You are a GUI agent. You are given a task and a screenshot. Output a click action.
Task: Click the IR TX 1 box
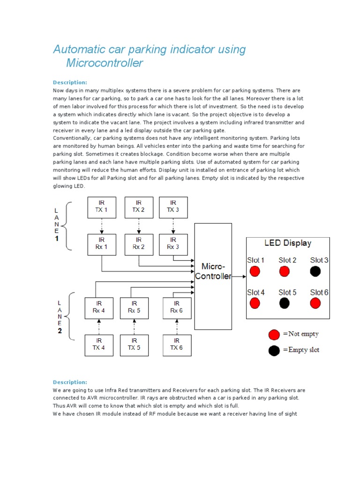(102, 207)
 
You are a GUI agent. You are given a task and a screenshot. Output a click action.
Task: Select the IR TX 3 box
(173, 207)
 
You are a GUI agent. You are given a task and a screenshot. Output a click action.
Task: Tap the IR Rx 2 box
(138, 244)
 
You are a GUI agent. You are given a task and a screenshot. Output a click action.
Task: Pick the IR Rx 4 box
(98, 307)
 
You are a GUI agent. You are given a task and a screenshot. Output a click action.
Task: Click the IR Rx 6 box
(177, 307)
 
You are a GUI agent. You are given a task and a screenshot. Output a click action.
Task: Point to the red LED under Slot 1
(255, 271)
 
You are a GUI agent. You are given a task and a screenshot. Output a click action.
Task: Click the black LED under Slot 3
(315, 271)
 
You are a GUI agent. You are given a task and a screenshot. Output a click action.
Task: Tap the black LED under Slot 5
(284, 303)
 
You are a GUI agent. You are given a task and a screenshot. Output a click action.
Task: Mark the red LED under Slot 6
(315, 303)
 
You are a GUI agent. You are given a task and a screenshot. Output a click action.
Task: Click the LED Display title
(288, 243)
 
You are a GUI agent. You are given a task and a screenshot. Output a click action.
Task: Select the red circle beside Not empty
(274, 334)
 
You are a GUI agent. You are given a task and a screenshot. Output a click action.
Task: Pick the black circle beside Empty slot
(274, 350)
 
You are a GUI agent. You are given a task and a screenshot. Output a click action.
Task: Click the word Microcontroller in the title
(104, 63)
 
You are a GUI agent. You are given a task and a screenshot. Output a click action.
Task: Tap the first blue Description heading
(70, 82)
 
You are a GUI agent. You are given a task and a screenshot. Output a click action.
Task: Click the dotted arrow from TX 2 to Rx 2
(138, 225)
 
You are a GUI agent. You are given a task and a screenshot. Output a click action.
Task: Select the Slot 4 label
(256, 292)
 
